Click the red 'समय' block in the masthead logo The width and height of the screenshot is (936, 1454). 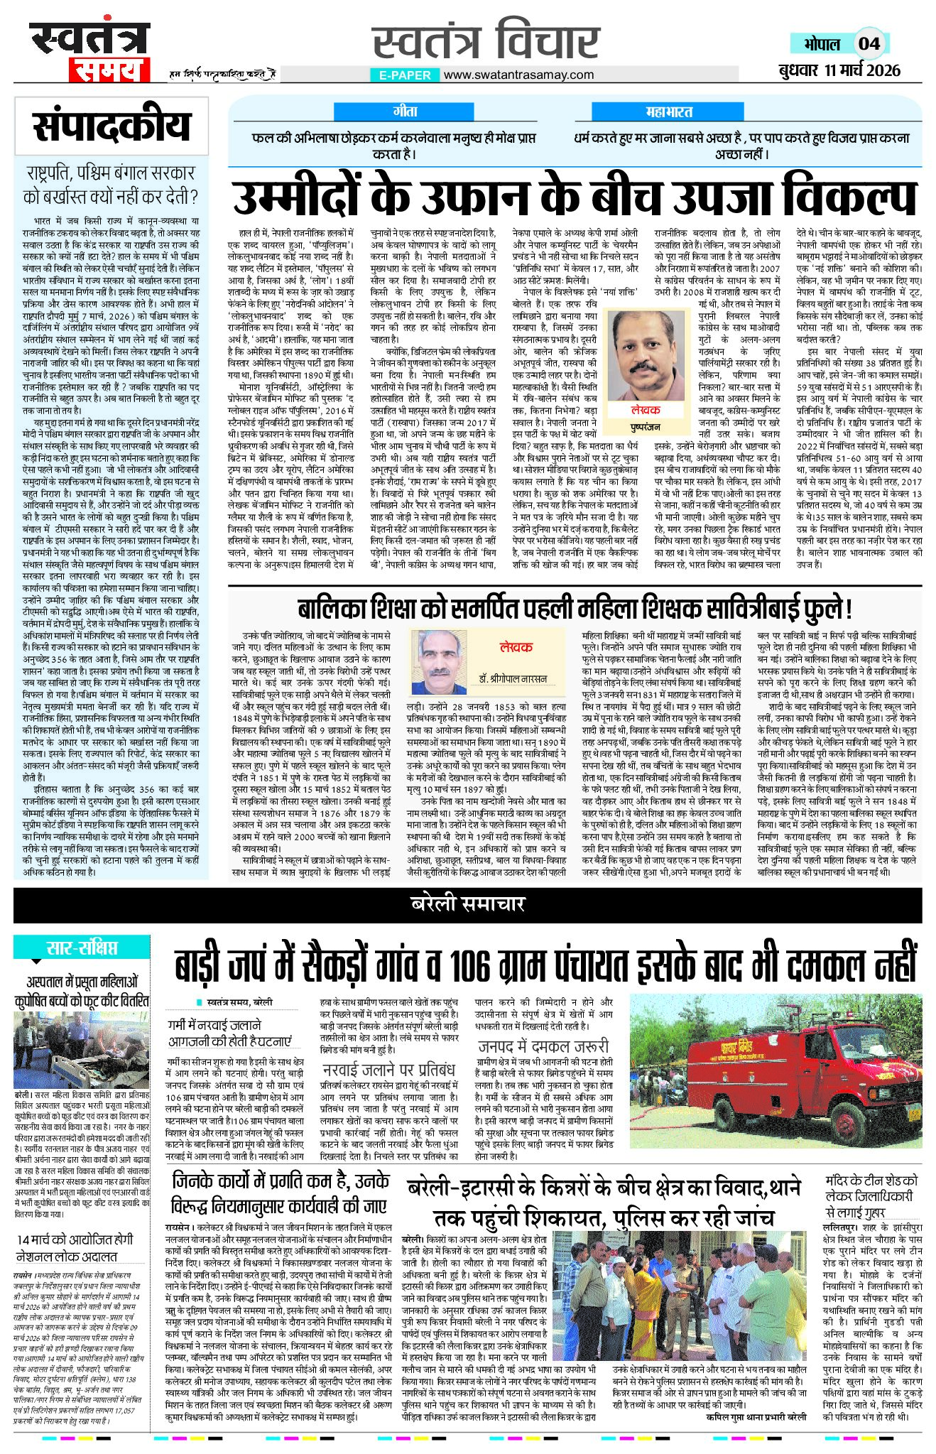[x=110, y=70]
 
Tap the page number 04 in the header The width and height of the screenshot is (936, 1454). [x=869, y=43]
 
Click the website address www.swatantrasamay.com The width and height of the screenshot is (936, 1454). [x=519, y=75]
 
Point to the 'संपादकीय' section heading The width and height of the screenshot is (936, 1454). [x=112, y=126]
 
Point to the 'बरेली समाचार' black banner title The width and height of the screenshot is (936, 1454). [x=467, y=904]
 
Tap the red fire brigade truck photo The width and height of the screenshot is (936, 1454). [x=775, y=1070]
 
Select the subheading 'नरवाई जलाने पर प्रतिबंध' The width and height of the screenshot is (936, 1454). [x=388, y=1069]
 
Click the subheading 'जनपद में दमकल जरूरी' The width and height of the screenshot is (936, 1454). [x=543, y=1046]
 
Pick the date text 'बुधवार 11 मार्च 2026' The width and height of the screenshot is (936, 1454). [x=838, y=70]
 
